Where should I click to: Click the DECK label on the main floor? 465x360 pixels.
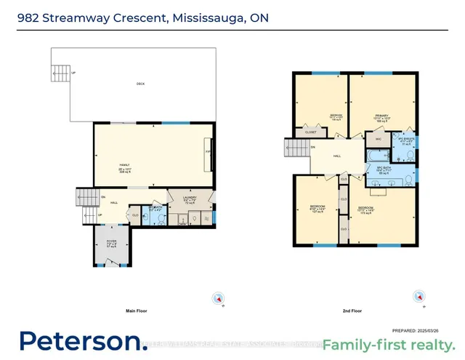pos(140,84)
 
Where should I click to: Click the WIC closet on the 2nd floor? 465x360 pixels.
pos(379,139)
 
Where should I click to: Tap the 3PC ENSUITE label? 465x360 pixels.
pos(404,141)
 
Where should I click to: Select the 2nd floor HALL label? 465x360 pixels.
pos(337,156)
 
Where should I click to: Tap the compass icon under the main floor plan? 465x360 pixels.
pos(216,298)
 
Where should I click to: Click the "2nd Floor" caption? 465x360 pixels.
pos(352,311)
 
